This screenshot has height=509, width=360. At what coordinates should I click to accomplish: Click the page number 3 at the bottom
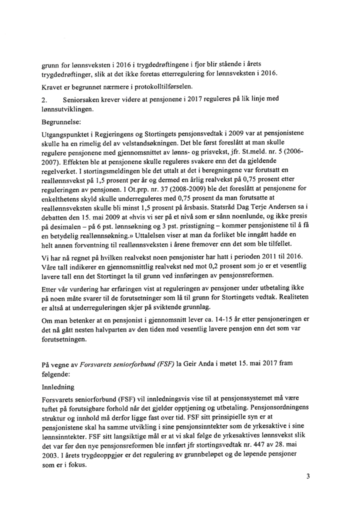308,476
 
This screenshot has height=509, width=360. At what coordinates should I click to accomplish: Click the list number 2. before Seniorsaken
45,100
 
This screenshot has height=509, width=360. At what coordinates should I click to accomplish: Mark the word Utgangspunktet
68,134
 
